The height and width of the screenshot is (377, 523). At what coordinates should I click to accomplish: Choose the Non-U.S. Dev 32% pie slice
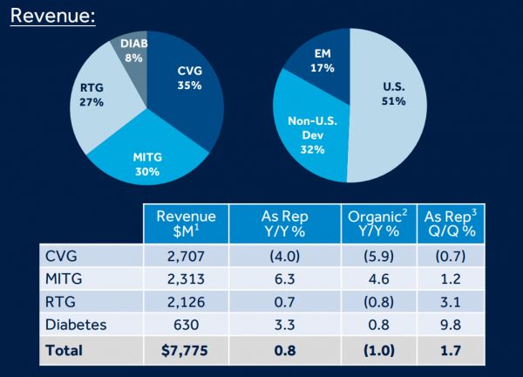coord(309,135)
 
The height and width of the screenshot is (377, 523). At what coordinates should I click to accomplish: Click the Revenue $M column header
coord(185,223)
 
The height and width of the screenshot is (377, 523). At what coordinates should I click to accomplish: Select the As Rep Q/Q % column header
coord(457,223)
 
